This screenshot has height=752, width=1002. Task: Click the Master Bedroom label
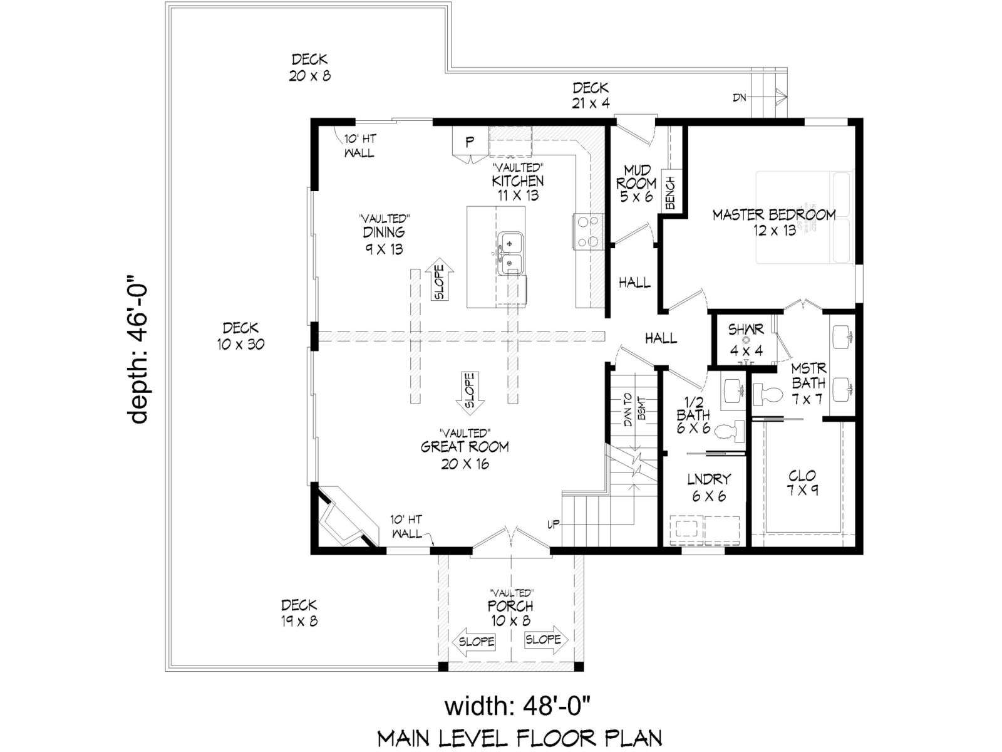pos(774,222)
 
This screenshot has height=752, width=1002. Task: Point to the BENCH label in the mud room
pos(671,192)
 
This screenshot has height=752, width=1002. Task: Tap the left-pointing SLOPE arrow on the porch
pos(474,641)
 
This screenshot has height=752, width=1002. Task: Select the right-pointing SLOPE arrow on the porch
pos(546,640)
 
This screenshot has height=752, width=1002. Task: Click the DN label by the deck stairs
pos(739,98)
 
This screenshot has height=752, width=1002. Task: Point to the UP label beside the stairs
pos(553,525)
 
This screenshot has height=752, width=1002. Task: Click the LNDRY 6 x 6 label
pos(709,487)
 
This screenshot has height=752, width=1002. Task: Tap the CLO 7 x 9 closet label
pos(802,483)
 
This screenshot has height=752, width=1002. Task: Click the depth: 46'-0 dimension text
pos(137,349)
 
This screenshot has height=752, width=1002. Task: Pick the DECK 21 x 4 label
pos(591,95)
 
